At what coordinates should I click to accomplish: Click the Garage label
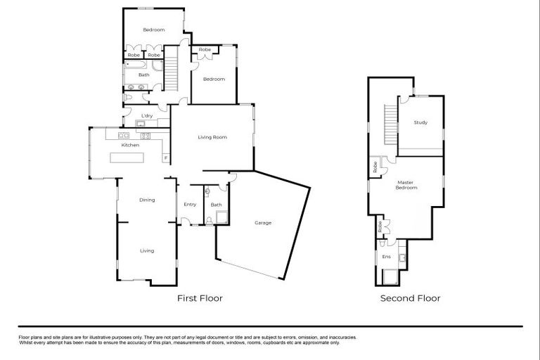pyautogui.click(x=263, y=223)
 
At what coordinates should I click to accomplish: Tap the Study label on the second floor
pyautogui.click(x=420, y=123)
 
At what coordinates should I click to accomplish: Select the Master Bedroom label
pyautogui.click(x=406, y=185)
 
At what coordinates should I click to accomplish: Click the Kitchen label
pyautogui.click(x=130, y=145)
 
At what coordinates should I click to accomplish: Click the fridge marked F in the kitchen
pyautogui.click(x=165, y=157)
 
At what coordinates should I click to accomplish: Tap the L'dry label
pyautogui.click(x=147, y=115)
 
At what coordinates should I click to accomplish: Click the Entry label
pyautogui.click(x=190, y=205)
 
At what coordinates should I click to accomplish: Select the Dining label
pyautogui.click(x=146, y=200)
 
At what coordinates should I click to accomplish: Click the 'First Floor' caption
pyautogui.click(x=200, y=298)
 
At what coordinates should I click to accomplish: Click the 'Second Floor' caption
pyautogui.click(x=410, y=298)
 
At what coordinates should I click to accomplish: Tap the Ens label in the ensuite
pyautogui.click(x=386, y=257)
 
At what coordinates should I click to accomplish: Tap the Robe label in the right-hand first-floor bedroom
pyautogui.click(x=205, y=50)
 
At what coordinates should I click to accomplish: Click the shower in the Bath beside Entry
pyautogui.click(x=220, y=217)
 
